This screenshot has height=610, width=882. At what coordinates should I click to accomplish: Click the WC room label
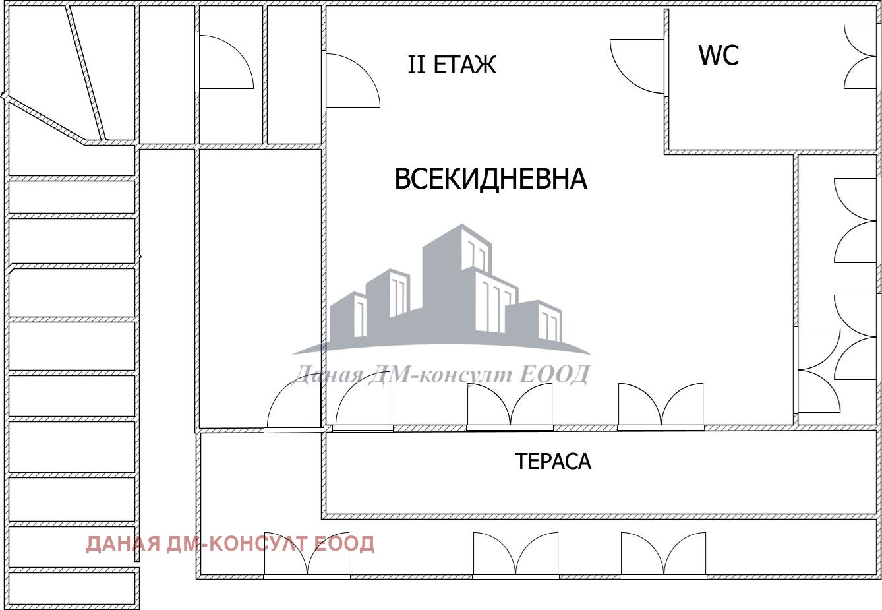point(719,55)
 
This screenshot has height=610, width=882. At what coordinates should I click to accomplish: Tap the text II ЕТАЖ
point(452,65)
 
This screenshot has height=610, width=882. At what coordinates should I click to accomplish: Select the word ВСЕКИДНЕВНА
point(490,179)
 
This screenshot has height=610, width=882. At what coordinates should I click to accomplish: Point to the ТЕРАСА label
point(552,461)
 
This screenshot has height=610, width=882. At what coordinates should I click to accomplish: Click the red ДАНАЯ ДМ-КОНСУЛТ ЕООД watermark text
point(230,544)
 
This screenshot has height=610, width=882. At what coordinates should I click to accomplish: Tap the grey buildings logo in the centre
point(442,290)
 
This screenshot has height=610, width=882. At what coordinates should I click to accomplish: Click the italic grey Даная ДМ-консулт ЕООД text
point(440,375)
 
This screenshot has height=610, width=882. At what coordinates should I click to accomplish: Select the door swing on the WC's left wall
point(637,66)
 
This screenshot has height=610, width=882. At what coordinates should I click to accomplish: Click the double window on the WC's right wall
point(860,56)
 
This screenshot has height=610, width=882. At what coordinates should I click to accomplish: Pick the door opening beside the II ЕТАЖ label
point(353,80)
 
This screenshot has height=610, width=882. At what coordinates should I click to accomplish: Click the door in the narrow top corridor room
point(225,62)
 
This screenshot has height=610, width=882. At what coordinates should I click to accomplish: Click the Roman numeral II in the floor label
point(417,65)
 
